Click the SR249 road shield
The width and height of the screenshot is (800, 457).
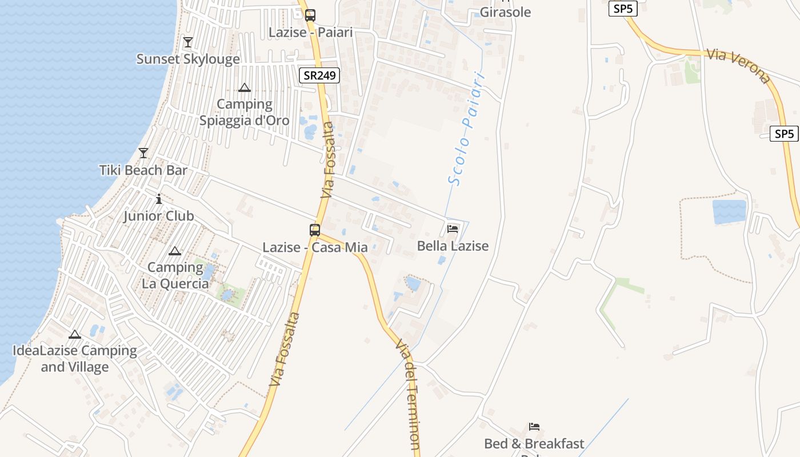tap(319, 75)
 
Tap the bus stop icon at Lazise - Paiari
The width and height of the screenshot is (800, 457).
tap(310, 15)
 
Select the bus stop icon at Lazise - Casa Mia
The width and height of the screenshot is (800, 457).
tap(315, 230)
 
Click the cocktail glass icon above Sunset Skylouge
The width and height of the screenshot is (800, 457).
tap(188, 42)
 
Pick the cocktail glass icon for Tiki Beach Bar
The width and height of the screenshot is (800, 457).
tap(143, 153)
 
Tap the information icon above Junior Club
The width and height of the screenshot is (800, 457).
tap(159, 199)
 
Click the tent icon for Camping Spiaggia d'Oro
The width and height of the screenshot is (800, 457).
tap(245, 87)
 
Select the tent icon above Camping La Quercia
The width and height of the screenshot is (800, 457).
tap(174, 251)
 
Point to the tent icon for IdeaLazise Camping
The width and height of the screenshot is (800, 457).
tap(75, 334)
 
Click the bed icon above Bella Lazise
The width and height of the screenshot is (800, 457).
tap(453, 229)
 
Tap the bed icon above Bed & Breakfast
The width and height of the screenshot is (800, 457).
tap(534, 427)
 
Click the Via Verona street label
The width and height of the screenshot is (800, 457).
tap(738, 66)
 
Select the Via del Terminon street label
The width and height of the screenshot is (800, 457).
tap(408, 394)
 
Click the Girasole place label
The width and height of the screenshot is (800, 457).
tap(505, 12)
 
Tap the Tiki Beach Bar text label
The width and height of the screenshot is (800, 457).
tap(143, 170)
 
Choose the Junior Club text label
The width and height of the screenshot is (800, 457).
tap(159, 216)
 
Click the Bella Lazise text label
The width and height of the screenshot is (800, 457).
tap(453, 246)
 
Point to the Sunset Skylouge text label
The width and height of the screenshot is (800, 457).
tap(188, 59)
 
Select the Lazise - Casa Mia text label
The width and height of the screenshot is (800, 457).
tap(315, 247)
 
